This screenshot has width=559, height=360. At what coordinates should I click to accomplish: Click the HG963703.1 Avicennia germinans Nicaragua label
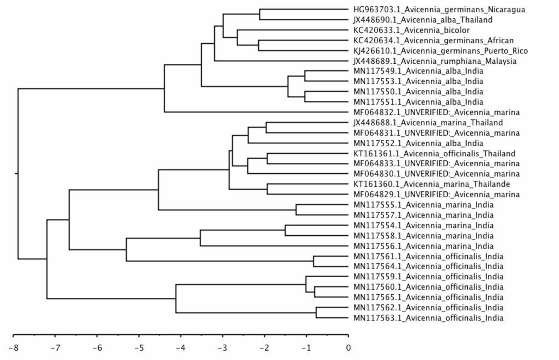point(439,9)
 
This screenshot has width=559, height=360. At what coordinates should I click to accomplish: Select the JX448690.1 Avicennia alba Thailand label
point(423,20)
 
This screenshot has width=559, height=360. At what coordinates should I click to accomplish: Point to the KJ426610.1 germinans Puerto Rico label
point(440,51)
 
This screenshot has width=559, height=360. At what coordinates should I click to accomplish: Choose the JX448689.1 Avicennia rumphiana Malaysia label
point(435,61)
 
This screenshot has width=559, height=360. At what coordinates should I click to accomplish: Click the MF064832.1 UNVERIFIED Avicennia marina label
point(436,112)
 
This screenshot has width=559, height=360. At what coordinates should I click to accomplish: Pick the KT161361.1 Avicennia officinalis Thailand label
point(434,154)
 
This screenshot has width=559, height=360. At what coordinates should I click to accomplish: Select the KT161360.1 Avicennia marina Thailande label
point(431,184)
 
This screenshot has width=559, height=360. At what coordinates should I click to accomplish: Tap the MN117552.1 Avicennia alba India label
point(418,143)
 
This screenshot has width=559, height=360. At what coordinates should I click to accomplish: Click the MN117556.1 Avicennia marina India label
point(423,246)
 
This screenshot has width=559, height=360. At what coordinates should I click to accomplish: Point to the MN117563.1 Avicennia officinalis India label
point(428,318)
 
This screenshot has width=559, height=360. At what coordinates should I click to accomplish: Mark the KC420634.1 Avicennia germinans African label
point(433,41)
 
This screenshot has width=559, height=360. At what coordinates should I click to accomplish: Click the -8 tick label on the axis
point(13,348)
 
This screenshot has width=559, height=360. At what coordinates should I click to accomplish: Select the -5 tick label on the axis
point(139,348)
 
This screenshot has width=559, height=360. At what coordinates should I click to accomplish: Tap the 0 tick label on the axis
point(348,348)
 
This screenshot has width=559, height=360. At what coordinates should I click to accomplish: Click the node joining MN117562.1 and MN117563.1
point(316,313)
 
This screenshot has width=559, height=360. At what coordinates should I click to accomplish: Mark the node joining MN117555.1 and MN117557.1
point(296,210)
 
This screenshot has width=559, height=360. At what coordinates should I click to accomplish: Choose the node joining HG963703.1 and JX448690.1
point(259,14)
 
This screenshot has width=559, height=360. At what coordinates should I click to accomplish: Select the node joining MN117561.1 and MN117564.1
point(313,261)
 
